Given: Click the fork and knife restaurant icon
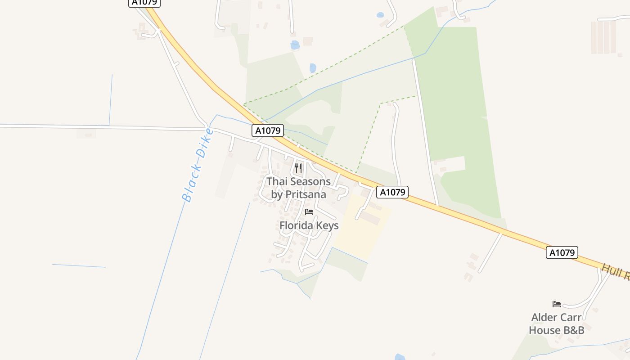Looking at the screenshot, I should tap(298, 168).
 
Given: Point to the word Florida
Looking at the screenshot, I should tap(297, 225).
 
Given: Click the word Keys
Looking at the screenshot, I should tap(328, 225).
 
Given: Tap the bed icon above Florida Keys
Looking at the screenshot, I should tap(309, 212).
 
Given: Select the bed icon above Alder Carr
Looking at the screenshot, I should tap(557, 304).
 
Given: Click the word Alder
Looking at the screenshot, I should tap(545, 317).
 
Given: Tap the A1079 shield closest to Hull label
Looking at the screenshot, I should tap(562, 252).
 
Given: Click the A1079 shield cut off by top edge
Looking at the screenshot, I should tap(145, 3).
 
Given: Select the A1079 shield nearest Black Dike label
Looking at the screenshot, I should tap(268, 130).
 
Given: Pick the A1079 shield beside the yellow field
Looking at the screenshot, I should tap(392, 192).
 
